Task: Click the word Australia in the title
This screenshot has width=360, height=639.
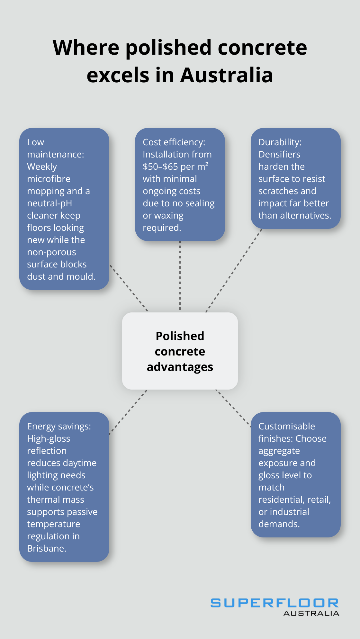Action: tap(227, 75)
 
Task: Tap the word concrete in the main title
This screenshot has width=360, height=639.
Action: tap(262, 48)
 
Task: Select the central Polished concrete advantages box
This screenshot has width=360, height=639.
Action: tap(180, 351)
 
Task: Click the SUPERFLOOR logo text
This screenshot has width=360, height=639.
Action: tap(274, 603)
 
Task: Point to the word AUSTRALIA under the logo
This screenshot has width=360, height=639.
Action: tap(311, 613)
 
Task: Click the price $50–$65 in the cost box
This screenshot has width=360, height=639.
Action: tap(160, 167)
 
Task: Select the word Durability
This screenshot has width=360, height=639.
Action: tap(279, 142)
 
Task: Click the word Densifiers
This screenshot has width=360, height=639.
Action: tap(279, 155)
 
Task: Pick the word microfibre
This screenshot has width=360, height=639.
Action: tap(49, 179)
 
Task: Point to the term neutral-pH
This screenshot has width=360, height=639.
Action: tap(50, 203)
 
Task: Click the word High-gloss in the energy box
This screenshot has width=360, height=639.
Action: tap(49, 439)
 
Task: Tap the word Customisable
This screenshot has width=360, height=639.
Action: tap(287, 427)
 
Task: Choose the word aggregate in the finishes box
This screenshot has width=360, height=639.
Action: tap(279, 451)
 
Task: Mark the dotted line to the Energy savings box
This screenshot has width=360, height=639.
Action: tap(128, 412)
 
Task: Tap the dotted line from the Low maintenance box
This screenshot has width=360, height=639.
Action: tap(129, 288)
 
